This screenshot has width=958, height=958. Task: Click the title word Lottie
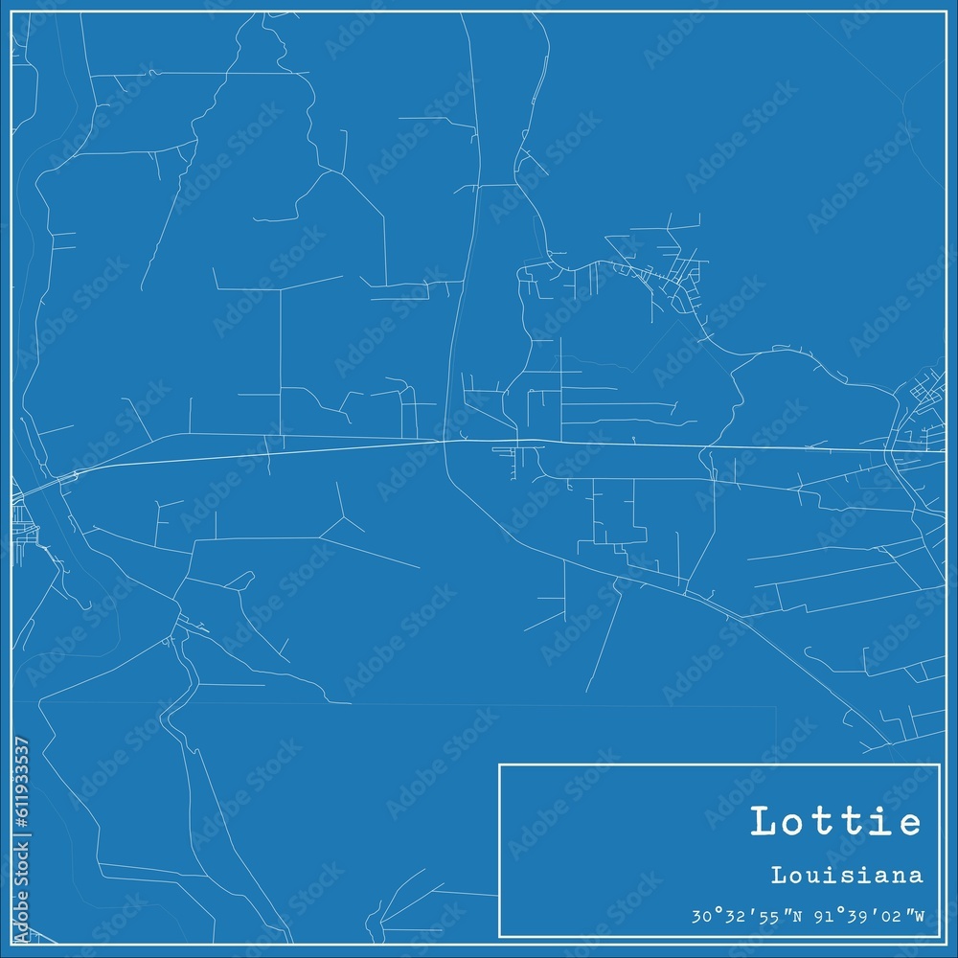[835, 823]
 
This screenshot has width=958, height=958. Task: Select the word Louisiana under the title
[846, 875]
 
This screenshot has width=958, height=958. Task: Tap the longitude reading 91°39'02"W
[870, 917]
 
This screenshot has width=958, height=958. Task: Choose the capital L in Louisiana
[775, 875]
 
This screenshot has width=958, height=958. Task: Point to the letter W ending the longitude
[919, 917]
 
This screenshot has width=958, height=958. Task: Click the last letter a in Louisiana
[918, 877]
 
